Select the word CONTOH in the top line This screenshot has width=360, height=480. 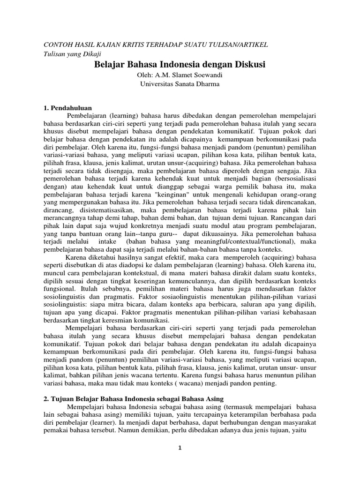point(57,44)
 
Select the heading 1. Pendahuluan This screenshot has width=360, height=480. point(67,108)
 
